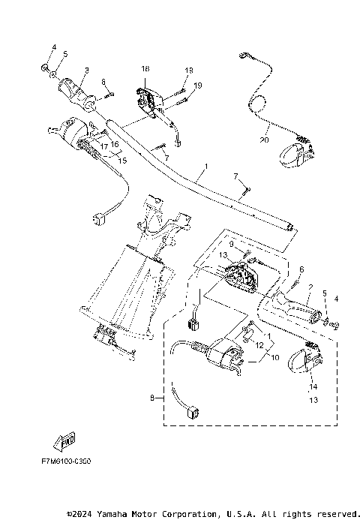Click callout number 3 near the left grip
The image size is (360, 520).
[86, 71]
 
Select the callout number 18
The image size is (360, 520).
[145, 69]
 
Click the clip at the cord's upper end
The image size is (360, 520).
[244, 56]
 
